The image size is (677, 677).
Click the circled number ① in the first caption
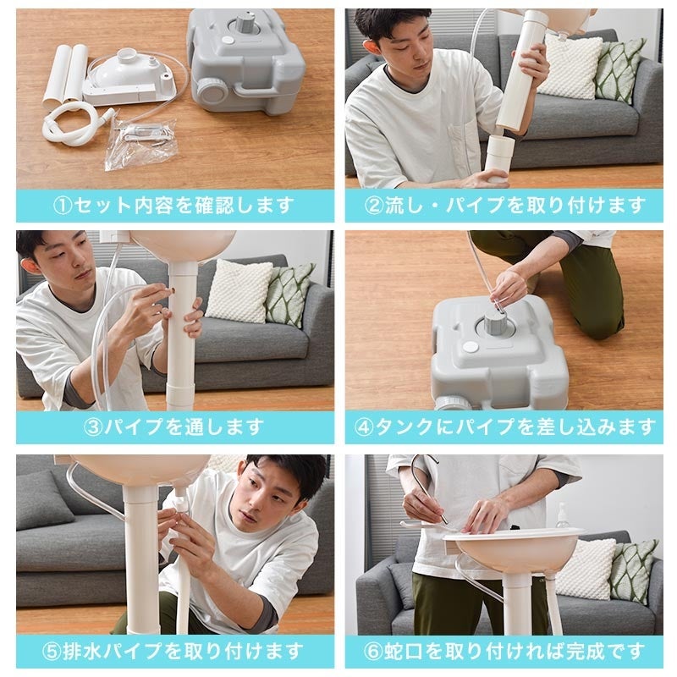pos(63,206)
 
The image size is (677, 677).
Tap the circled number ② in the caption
pos(374,206)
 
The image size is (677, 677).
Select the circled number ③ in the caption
pos(92,427)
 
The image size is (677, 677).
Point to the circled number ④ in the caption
pos(364,427)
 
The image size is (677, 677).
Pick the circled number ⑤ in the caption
pos(52,652)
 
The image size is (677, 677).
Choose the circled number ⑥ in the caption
pos(373,652)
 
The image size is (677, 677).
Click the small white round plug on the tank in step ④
pos(471,346)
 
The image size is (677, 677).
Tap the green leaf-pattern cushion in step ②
pos(620,69)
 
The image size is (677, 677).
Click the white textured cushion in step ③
pos(239,290)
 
